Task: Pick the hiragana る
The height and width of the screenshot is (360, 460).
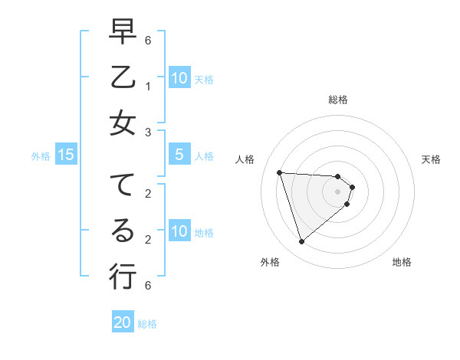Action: (123, 230)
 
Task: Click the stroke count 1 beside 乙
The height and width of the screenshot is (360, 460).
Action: (147, 87)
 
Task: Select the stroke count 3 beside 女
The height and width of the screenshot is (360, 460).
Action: (147, 133)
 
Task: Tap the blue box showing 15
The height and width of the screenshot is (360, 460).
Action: (66, 155)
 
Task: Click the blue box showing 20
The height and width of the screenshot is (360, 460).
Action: (123, 322)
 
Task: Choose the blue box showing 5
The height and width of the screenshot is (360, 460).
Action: (179, 155)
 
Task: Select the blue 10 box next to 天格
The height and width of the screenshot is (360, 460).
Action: (179, 78)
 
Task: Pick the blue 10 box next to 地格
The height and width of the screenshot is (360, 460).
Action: (179, 231)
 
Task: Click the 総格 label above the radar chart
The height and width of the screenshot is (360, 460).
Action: (338, 100)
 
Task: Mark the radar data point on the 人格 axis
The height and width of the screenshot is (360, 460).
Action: (280, 172)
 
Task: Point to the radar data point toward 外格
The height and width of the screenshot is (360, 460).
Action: (301, 242)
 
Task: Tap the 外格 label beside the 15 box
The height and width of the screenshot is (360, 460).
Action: (41, 156)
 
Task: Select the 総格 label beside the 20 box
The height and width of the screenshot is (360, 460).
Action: (147, 324)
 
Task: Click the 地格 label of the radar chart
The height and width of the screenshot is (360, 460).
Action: (402, 262)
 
